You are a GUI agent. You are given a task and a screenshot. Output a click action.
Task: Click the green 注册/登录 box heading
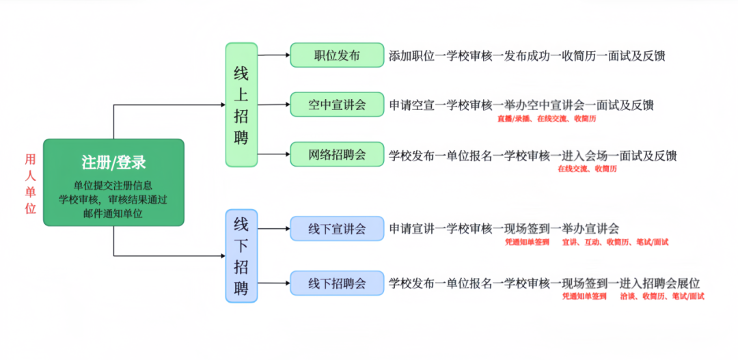[x=113, y=163]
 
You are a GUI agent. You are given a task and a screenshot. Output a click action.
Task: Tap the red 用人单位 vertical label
[x=30, y=184]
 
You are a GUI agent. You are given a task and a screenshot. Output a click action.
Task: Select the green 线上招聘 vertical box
[x=241, y=105]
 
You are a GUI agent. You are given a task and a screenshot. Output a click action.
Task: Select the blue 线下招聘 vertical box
[x=241, y=255]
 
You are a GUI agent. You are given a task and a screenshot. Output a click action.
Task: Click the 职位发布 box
[x=337, y=55]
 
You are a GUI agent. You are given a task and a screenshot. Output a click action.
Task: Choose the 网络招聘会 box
[x=337, y=154]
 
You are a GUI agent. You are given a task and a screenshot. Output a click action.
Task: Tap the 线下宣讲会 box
[x=337, y=228]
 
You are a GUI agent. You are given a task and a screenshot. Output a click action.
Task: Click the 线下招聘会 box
[x=337, y=282]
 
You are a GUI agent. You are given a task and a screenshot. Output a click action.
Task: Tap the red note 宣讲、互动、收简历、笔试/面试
[x=615, y=242]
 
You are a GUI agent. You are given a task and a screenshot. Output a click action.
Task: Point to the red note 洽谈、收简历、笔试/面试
[x=662, y=296]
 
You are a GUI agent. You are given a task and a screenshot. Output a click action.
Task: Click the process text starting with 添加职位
[x=527, y=55]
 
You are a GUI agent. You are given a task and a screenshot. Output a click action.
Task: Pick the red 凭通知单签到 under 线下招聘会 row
[x=584, y=296]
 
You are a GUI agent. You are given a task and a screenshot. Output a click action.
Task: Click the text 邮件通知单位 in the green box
[x=113, y=214]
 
